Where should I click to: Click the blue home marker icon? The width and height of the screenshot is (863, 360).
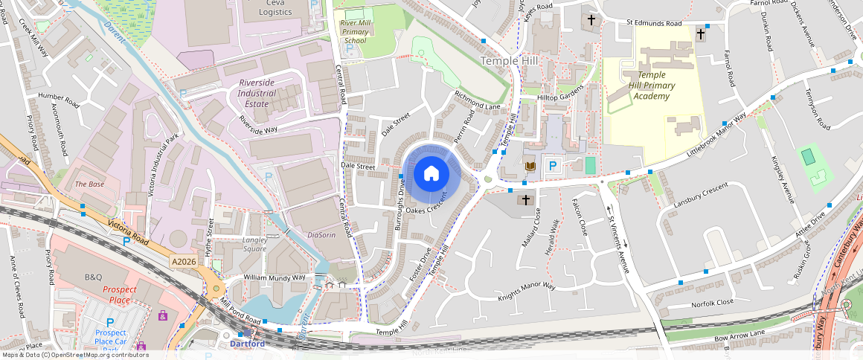pyautogui.click(x=431, y=174)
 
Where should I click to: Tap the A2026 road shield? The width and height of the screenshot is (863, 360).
pyautogui.click(x=183, y=262)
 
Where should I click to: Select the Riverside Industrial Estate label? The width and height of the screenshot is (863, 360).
pyautogui.click(x=257, y=94)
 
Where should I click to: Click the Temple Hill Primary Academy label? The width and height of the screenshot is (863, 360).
pyautogui.click(x=647, y=86)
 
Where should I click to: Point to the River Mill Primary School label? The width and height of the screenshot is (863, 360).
pyautogui.click(x=354, y=32)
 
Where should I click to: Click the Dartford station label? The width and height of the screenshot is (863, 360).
pyautogui.click(x=246, y=344)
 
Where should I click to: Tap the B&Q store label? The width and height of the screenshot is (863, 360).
pyautogui.click(x=93, y=277)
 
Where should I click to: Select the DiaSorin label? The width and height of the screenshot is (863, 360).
pyautogui.click(x=321, y=235)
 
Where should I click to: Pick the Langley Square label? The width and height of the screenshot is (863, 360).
pyautogui.click(x=254, y=245)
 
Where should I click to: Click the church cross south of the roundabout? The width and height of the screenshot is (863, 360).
pyautogui.click(x=526, y=199)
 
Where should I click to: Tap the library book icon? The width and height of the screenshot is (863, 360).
pyautogui.click(x=530, y=165)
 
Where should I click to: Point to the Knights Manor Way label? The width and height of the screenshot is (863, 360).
pyautogui.click(x=527, y=292)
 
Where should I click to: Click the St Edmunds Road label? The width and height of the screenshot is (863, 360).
pyautogui.click(x=653, y=24)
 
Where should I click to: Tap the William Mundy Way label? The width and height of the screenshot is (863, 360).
pyautogui.click(x=275, y=277)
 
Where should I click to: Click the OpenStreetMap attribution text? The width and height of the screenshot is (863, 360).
pyautogui.click(x=74, y=355)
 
